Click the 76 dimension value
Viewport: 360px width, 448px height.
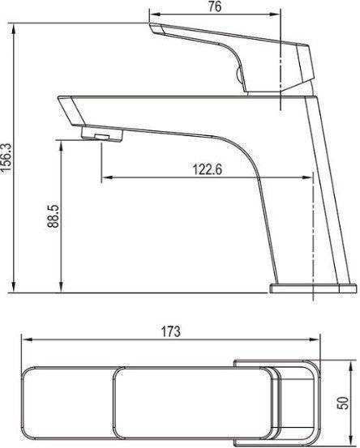click(215, 6)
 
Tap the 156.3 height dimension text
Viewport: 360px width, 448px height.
click(6, 157)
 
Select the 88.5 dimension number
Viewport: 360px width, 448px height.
click(54, 216)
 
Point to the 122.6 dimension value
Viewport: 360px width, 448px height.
click(208, 169)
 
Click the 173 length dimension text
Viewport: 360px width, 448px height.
click(171, 331)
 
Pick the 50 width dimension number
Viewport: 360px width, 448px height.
click(343, 403)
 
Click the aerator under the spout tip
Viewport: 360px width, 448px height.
click(102, 134)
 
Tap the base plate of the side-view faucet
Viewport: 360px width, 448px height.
click(313, 288)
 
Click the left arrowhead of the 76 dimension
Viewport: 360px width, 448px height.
click(155, 14)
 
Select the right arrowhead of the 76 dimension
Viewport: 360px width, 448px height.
click(275, 14)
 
